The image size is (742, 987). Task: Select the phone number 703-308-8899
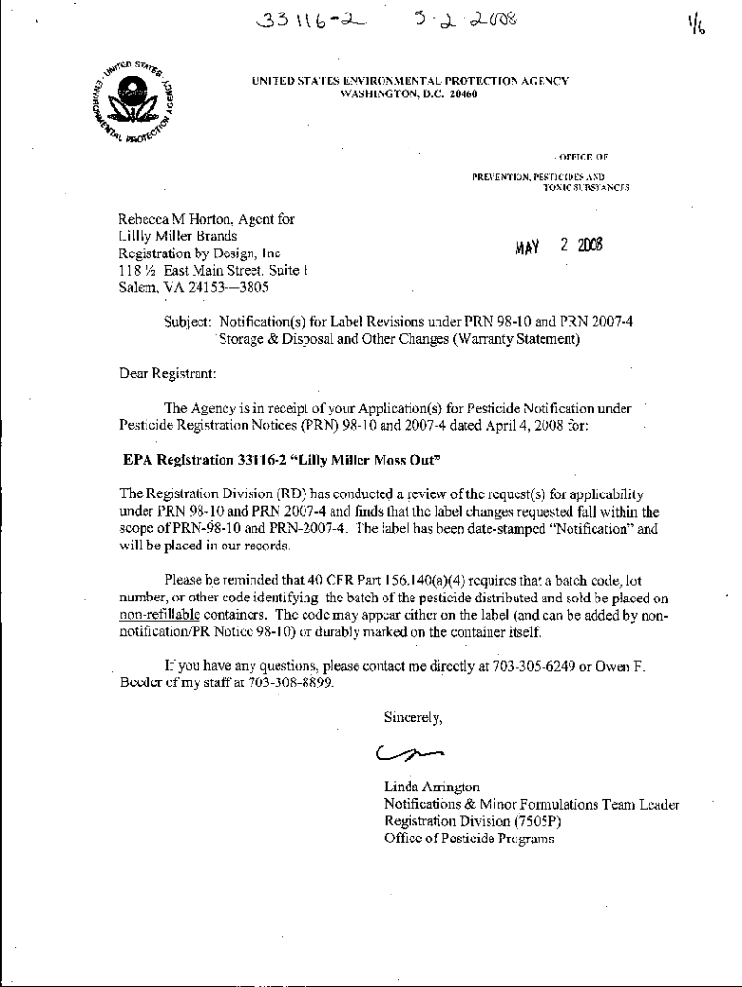[x=292, y=683]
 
